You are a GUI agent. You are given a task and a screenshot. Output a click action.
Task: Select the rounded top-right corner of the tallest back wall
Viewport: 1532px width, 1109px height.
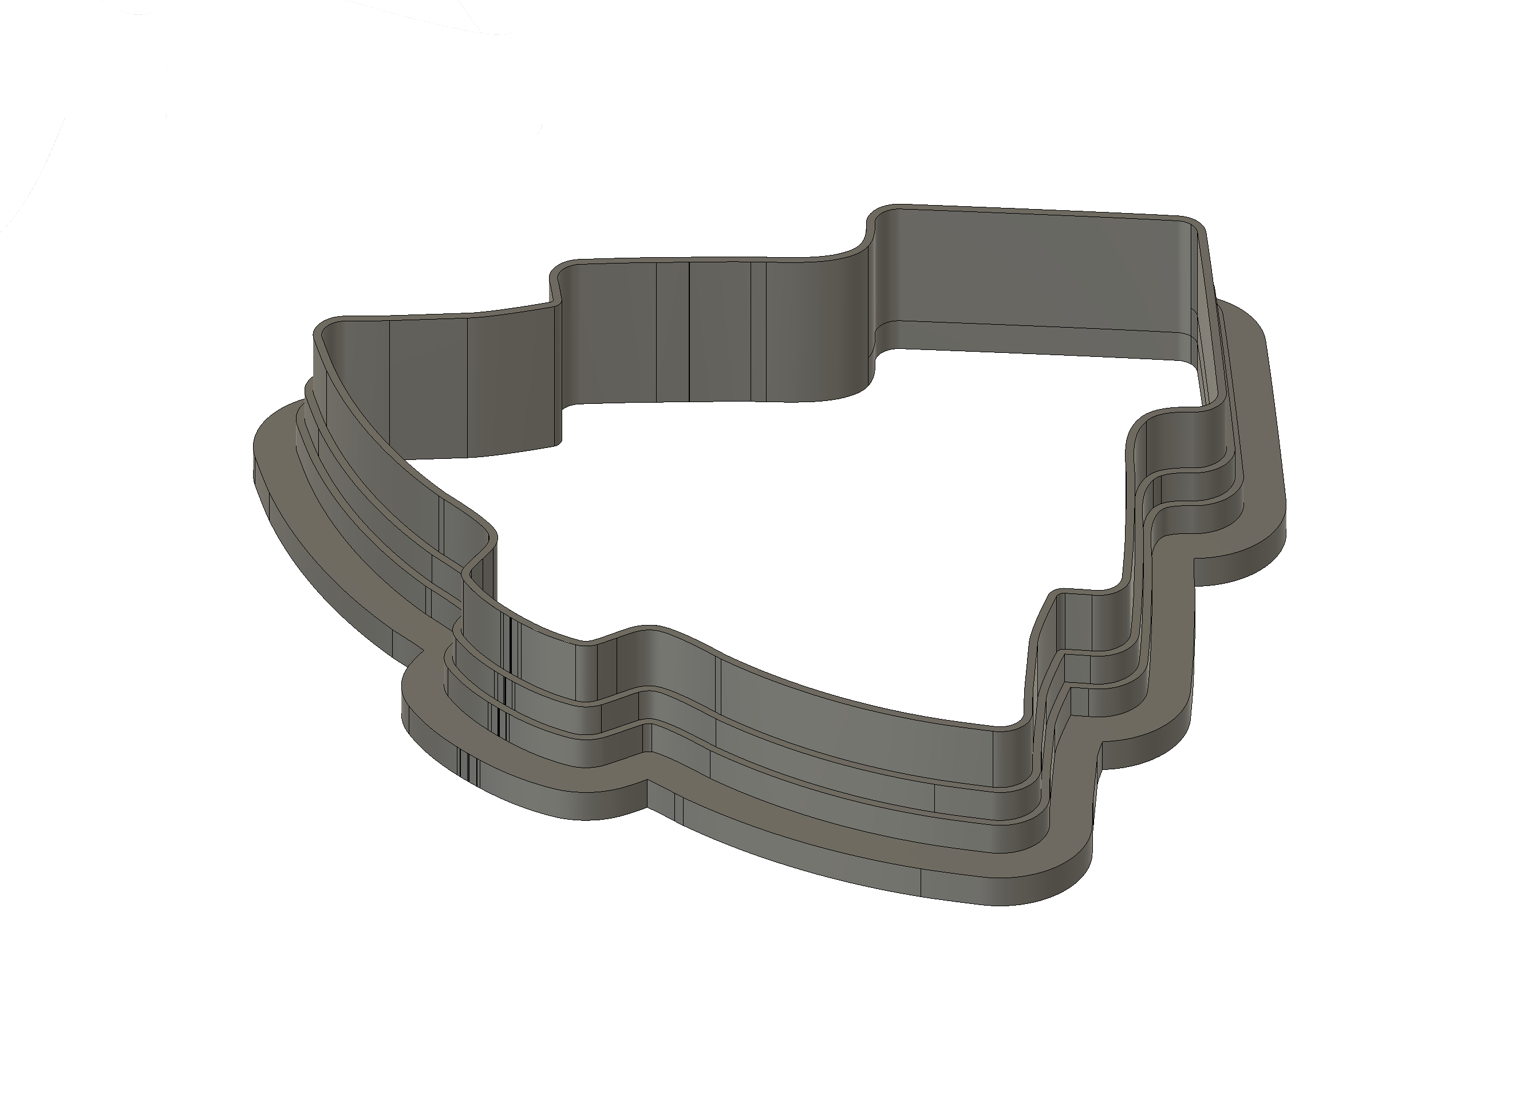pyautogui.click(x=1190, y=226)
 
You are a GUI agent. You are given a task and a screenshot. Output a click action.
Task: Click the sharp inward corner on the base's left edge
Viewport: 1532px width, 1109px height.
pyautogui.click(x=424, y=652)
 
